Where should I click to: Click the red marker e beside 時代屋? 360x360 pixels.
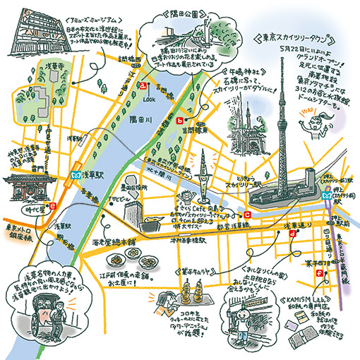click(53, 207)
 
